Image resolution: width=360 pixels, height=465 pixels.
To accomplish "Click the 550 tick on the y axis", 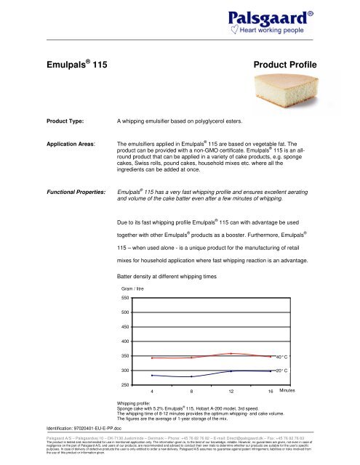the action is pos(127,298).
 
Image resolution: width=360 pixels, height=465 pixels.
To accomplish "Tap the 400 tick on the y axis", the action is pos(127,341).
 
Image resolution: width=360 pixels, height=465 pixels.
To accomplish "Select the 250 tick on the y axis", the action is pos(127,384).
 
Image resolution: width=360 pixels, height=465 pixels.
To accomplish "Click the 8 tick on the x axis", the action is pos(191,392).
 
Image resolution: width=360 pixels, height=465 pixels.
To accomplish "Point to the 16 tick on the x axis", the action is pos(270,392).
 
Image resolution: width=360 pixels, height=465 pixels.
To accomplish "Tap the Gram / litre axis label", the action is pos(134,288).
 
